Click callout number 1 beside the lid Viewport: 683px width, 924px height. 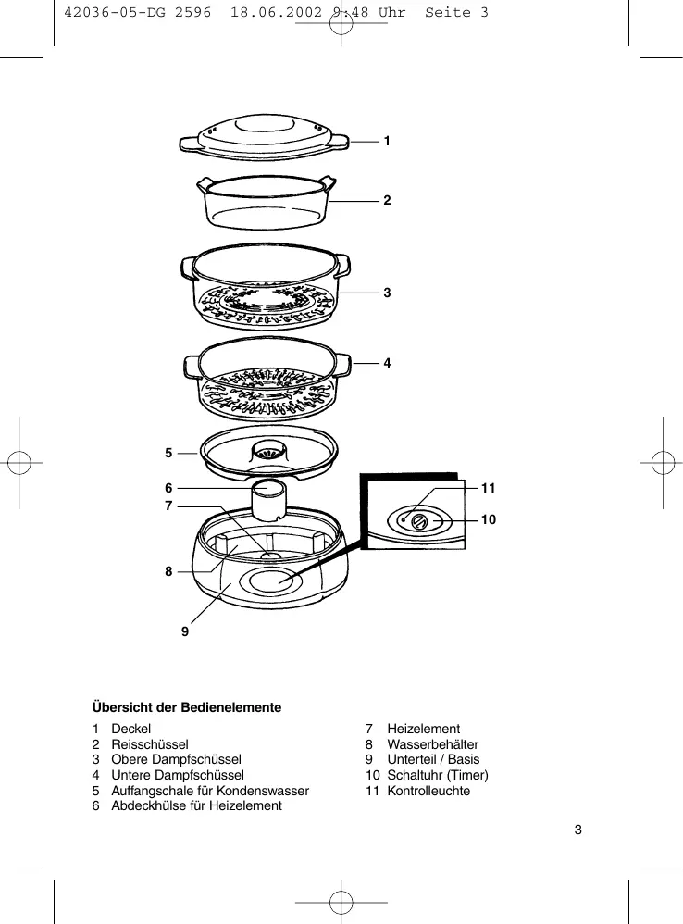[x=387, y=142]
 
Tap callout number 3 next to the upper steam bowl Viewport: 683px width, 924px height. [x=387, y=293]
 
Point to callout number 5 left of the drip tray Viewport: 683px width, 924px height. [x=168, y=454]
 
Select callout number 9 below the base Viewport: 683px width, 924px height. [x=185, y=631]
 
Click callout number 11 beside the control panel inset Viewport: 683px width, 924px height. [x=489, y=487]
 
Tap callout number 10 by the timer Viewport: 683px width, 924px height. [x=489, y=520]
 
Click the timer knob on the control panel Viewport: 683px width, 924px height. [x=418, y=522]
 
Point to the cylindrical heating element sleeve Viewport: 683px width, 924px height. [x=271, y=500]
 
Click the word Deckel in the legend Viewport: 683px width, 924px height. [x=130, y=729]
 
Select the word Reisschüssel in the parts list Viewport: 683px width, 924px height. [x=150, y=744]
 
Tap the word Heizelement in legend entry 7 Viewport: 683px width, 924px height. [x=423, y=729]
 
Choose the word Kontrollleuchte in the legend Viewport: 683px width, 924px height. [x=428, y=791]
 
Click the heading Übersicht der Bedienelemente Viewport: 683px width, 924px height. [x=186, y=707]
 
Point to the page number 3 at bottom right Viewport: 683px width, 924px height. [x=577, y=829]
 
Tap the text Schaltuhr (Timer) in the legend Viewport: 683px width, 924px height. [x=438, y=775]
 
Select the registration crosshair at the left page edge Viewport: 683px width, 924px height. [x=19, y=463]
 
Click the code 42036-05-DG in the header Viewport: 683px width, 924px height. [x=112, y=12]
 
